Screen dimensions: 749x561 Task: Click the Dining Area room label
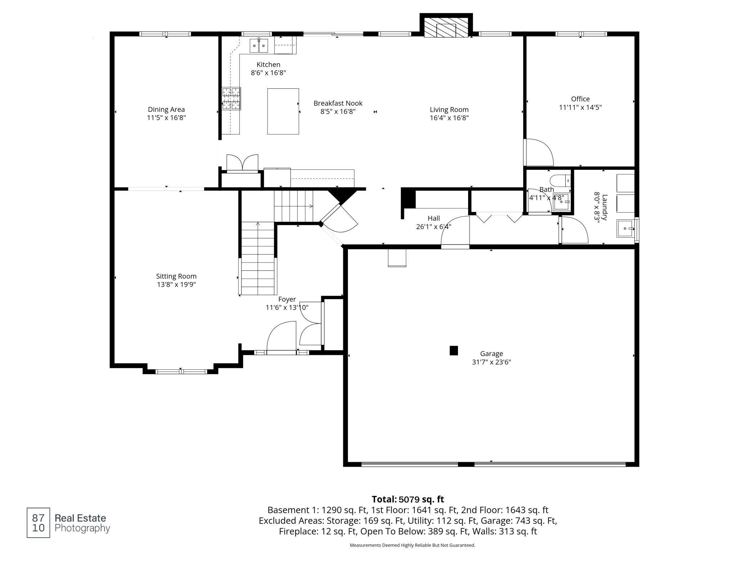pos(166,109)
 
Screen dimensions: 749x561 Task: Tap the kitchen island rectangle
pos(283,111)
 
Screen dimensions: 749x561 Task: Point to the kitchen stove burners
pos(231,99)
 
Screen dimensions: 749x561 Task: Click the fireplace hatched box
pos(446,27)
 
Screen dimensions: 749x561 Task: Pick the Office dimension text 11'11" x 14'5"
pos(580,107)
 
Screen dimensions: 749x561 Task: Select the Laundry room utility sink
pos(626,229)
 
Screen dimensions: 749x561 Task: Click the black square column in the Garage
pos(454,350)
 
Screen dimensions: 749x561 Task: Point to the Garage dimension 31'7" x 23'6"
pos(492,362)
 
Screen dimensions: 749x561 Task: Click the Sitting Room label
pos(176,276)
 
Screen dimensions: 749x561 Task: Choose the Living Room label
pos(449,110)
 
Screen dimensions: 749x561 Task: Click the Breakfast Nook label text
pos(338,103)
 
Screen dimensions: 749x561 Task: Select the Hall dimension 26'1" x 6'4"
pos(434,227)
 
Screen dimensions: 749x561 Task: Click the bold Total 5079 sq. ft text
pos(408,499)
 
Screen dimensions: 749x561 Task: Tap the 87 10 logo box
pos(38,523)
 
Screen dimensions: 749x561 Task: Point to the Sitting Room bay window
pos(181,371)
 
